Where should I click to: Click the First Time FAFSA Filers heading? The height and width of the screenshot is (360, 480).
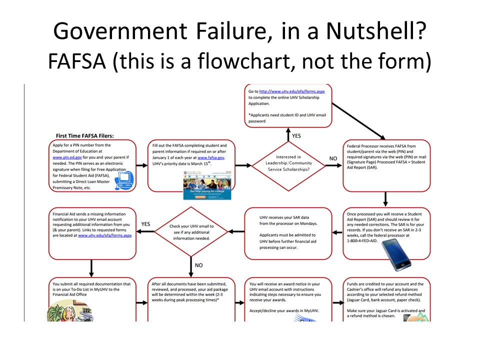pos(85,135)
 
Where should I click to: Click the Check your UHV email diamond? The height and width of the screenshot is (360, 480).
pos(190,231)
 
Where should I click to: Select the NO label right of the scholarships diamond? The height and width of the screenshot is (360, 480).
pos(333,158)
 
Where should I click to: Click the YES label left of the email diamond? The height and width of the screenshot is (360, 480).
pos(145,224)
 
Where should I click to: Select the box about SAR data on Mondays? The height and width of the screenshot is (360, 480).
pos(288,234)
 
